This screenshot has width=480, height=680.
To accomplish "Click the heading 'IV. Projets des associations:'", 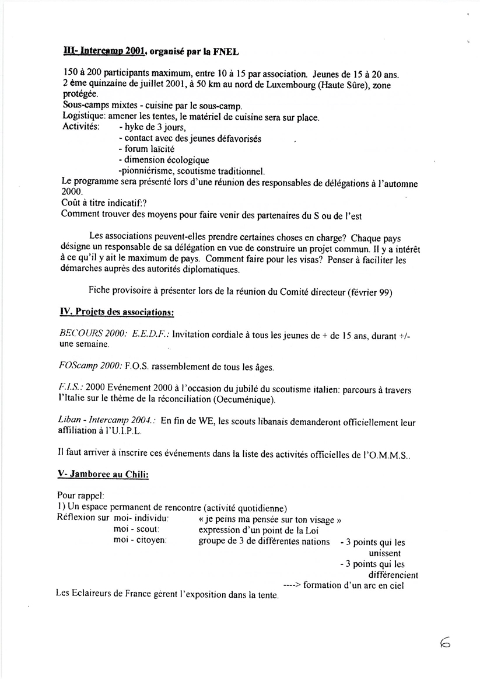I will [x=117, y=312].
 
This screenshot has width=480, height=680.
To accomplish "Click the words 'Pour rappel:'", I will [x=80, y=496].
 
